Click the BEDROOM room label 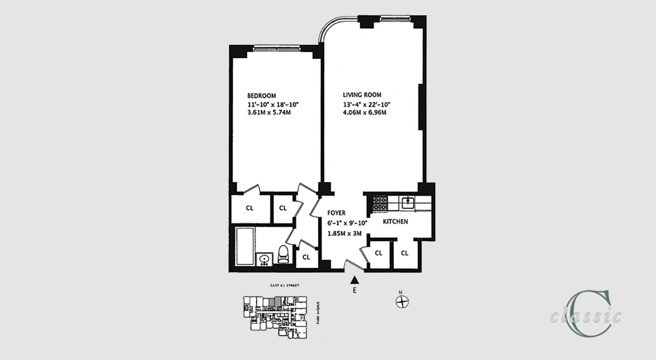coord(262,96)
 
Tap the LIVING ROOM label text coord(362,95)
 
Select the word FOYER coord(336,213)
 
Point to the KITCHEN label coord(395,221)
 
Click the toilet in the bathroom coord(284,255)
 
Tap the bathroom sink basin coord(264,259)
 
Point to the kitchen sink coord(407,201)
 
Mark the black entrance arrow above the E coord(355,280)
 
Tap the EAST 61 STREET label coord(285,286)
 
